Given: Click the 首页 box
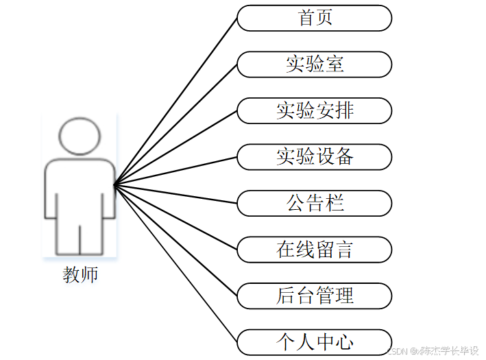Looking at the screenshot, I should point(315,18).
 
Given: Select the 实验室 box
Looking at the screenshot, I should point(315,64).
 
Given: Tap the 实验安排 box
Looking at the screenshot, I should point(315,110).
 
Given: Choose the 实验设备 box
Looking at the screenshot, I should point(315,157).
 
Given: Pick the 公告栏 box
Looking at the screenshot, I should point(315,203).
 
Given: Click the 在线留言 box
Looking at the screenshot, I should point(315,250).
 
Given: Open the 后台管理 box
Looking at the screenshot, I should point(315,296).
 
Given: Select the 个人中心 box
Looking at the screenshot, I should point(315,341).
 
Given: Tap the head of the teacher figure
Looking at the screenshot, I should point(80,136).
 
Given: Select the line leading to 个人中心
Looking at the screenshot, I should point(175,263).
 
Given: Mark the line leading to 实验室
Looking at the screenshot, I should point(175,124).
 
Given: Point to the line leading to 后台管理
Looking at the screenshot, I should point(175,240).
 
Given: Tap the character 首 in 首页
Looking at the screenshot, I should point(306,18).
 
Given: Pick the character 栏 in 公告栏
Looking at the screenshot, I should point(335,203).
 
